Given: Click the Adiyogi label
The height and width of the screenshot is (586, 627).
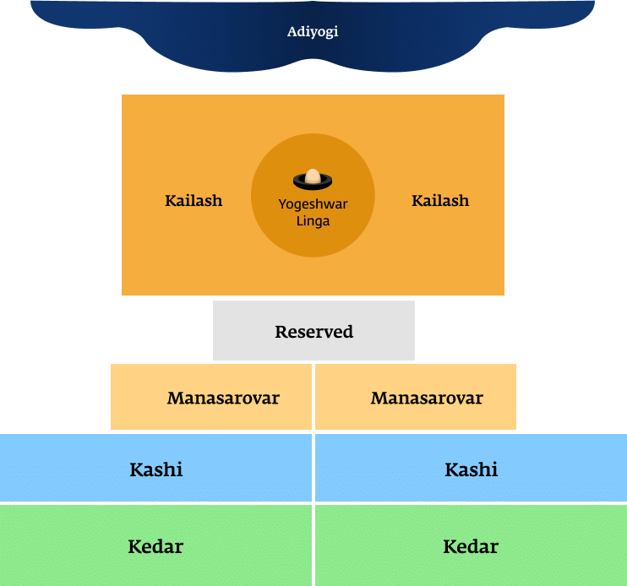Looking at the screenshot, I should tap(313, 33).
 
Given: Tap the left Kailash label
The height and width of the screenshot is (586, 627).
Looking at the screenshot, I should tap(194, 201).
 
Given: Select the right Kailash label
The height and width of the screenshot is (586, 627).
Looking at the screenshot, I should tap(439, 201).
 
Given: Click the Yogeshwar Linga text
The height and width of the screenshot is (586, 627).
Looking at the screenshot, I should tap(313, 213).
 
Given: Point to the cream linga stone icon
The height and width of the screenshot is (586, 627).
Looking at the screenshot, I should tap(313, 176).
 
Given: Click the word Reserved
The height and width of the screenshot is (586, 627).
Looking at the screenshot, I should tap(313, 332).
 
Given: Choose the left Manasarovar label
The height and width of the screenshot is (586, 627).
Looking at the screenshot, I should tap(223, 398).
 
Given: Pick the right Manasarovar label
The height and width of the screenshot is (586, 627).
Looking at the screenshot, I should tap(427, 398).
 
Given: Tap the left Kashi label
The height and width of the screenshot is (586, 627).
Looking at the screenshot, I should tap(156, 469).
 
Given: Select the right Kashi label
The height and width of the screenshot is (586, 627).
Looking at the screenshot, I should tap(472, 469).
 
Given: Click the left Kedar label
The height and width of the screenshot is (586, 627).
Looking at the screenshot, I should tap(155, 546).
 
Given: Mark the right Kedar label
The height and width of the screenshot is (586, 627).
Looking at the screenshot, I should tap(471, 546).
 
